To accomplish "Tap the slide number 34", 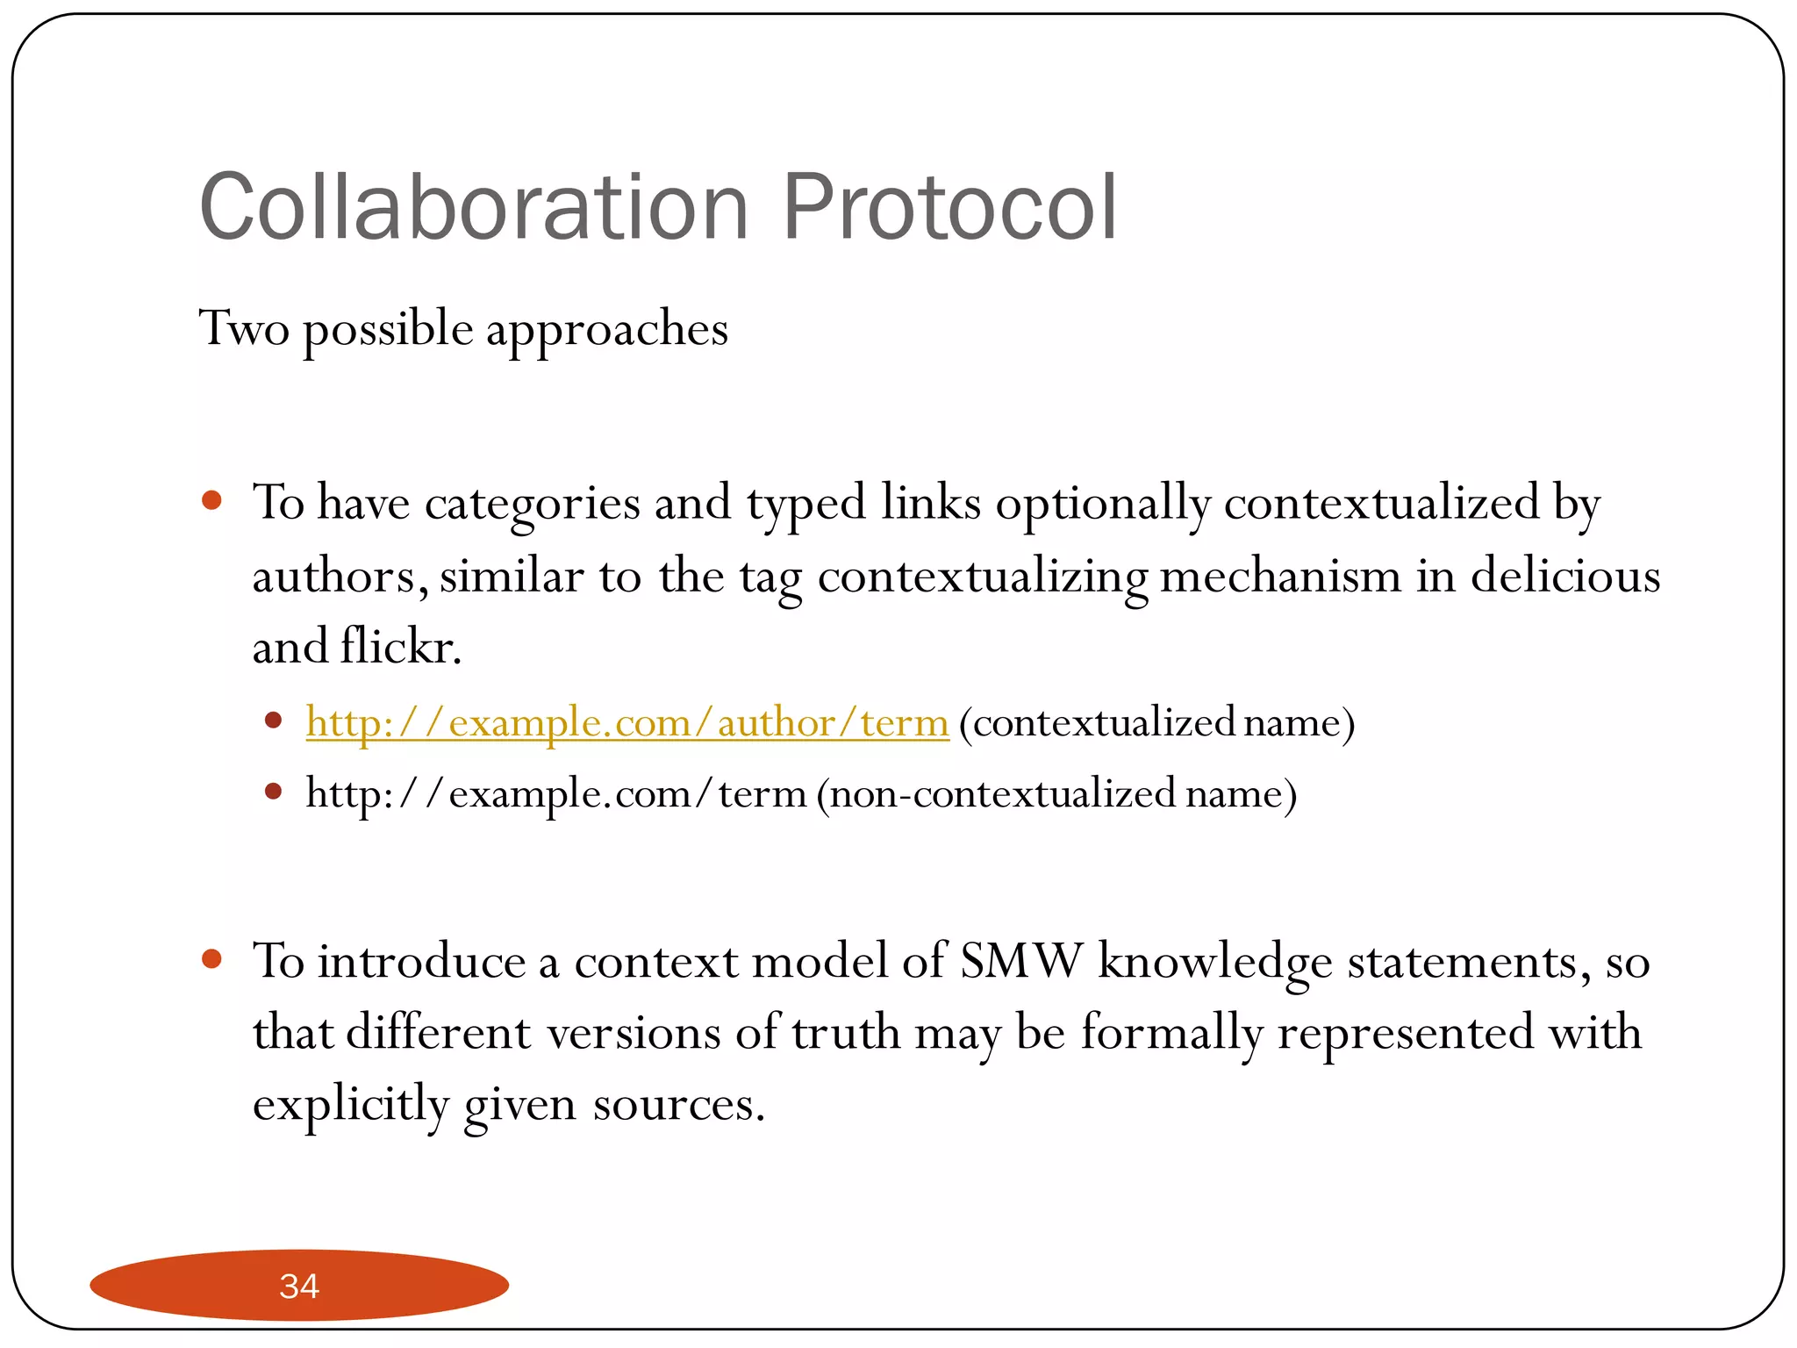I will tap(299, 1286).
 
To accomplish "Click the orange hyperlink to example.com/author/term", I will tap(627, 723).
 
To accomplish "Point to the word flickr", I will tap(400, 648).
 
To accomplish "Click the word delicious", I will tap(1565, 577).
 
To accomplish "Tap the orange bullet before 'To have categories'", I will tap(211, 501).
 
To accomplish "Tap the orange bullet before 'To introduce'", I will tap(211, 959).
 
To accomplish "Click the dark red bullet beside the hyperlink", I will tap(273, 721).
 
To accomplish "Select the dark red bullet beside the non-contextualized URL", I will tap(273, 792).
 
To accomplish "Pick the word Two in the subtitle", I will tap(244, 329).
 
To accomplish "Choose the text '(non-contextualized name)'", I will tap(1056, 794).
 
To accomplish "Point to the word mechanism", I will tap(1280, 577).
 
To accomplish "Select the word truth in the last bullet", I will tap(846, 1032).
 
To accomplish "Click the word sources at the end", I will tap(678, 1104).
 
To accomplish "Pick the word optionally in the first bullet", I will tap(1103, 505).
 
